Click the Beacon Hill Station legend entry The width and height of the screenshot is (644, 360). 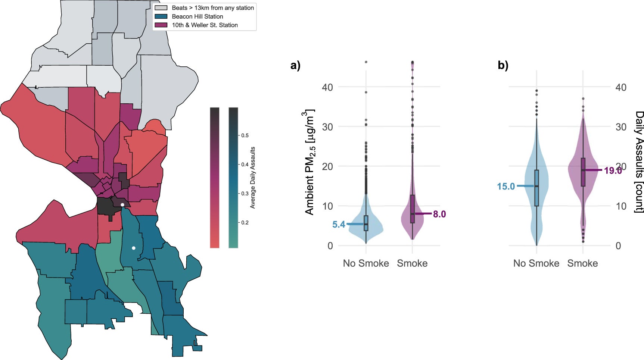pos(197,16)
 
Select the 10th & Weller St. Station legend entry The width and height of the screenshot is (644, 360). pos(204,25)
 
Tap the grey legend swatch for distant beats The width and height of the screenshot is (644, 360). pos(161,8)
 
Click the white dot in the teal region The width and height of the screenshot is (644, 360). pos(134,248)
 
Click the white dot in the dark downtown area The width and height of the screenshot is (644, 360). pos(122,204)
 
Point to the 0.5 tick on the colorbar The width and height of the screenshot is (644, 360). pos(245,135)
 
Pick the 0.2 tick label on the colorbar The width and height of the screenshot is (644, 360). pos(245,223)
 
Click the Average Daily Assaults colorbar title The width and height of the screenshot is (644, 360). pos(253,178)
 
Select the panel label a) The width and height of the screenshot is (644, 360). pos(295,66)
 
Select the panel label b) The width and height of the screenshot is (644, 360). pos(503,66)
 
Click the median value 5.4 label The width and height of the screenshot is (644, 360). pos(339,224)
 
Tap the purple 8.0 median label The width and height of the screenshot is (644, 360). pos(439,214)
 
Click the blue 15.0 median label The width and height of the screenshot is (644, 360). pos(506,186)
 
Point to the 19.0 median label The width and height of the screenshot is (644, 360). pos(613,170)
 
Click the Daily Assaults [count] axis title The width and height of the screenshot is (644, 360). pos(639,162)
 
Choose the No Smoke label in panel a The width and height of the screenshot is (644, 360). pos(366,263)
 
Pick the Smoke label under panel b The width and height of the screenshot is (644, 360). pos(582,263)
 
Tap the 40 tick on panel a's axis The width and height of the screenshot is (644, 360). pos(327,87)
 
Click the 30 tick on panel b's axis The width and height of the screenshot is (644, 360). pos(621,127)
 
